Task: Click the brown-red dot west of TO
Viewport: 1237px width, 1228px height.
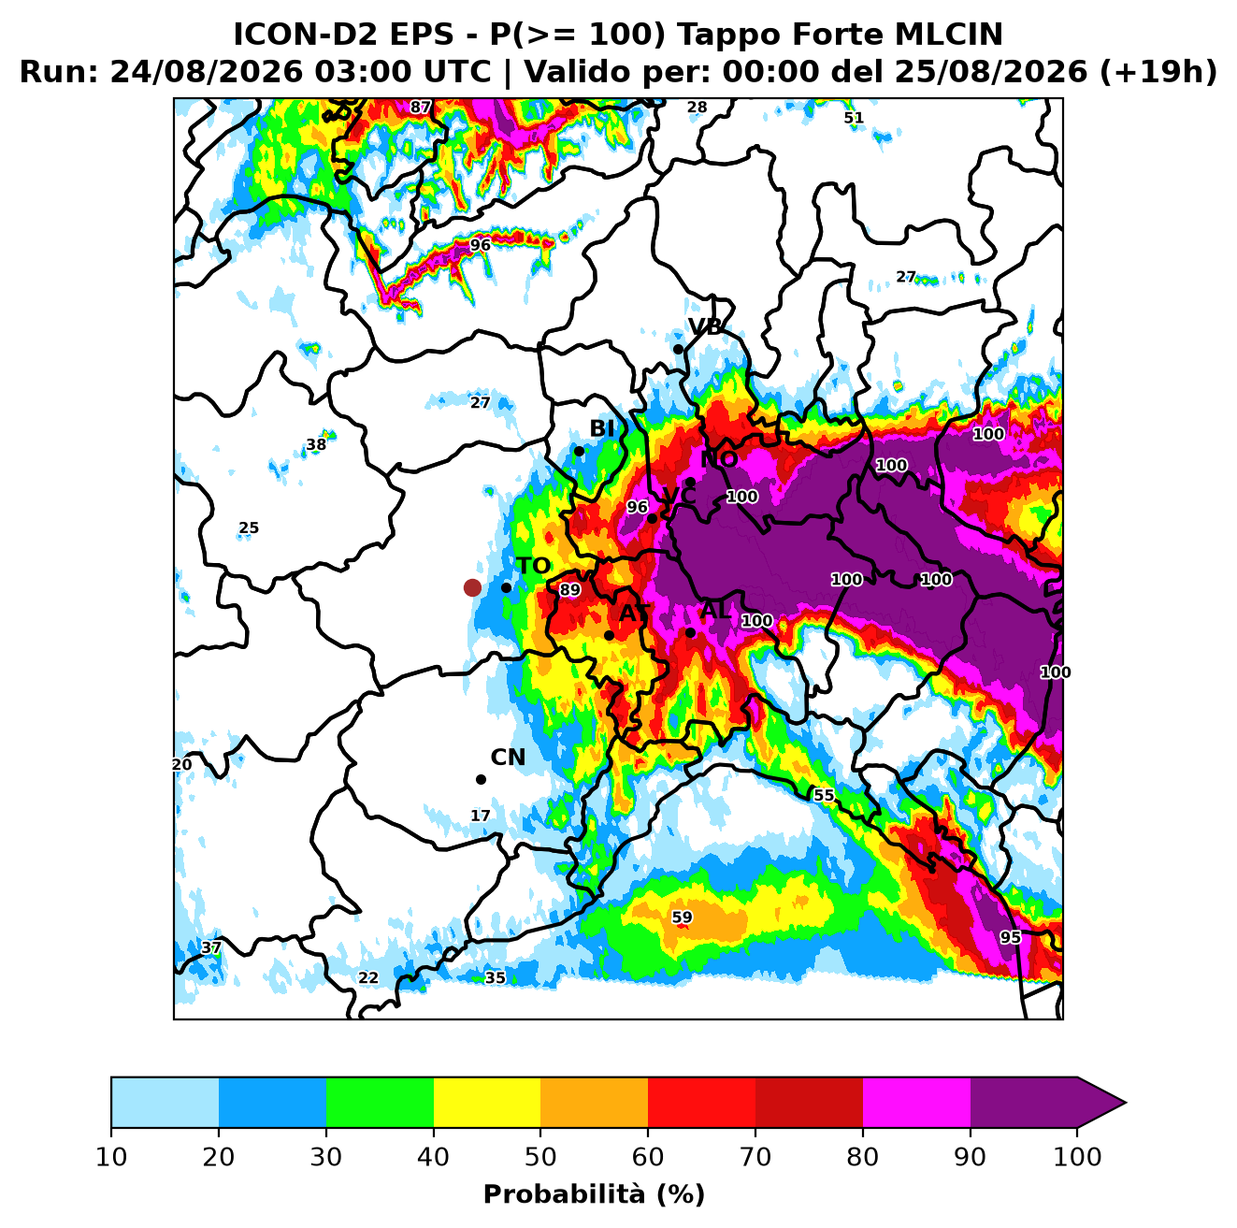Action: (x=472, y=587)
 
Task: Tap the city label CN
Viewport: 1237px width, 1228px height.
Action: (x=508, y=758)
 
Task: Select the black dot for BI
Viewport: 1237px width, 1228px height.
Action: (x=579, y=452)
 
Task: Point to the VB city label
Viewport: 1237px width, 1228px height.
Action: (x=705, y=327)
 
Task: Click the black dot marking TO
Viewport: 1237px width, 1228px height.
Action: (x=506, y=587)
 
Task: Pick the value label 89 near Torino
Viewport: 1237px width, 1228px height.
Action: (x=570, y=590)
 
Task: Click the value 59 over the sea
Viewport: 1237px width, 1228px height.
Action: (x=682, y=917)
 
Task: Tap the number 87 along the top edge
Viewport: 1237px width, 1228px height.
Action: (x=421, y=108)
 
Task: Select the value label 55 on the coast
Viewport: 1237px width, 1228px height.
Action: (x=824, y=796)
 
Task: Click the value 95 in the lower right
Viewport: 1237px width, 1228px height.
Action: (x=1010, y=938)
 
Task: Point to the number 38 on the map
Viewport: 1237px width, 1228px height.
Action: (x=316, y=445)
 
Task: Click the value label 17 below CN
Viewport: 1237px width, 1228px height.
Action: (x=481, y=816)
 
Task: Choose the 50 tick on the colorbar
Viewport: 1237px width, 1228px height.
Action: (x=540, y=1157)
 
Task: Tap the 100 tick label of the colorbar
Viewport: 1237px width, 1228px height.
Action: (x=1077, y=1157)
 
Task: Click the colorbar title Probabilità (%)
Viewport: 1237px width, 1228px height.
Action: (x=594, y=1195)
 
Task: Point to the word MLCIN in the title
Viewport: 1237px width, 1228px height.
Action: (x=948, y=35)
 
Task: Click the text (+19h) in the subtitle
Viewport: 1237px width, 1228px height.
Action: (x=1158, y=72)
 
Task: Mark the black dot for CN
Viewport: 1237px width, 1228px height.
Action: (x=481, y=780)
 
